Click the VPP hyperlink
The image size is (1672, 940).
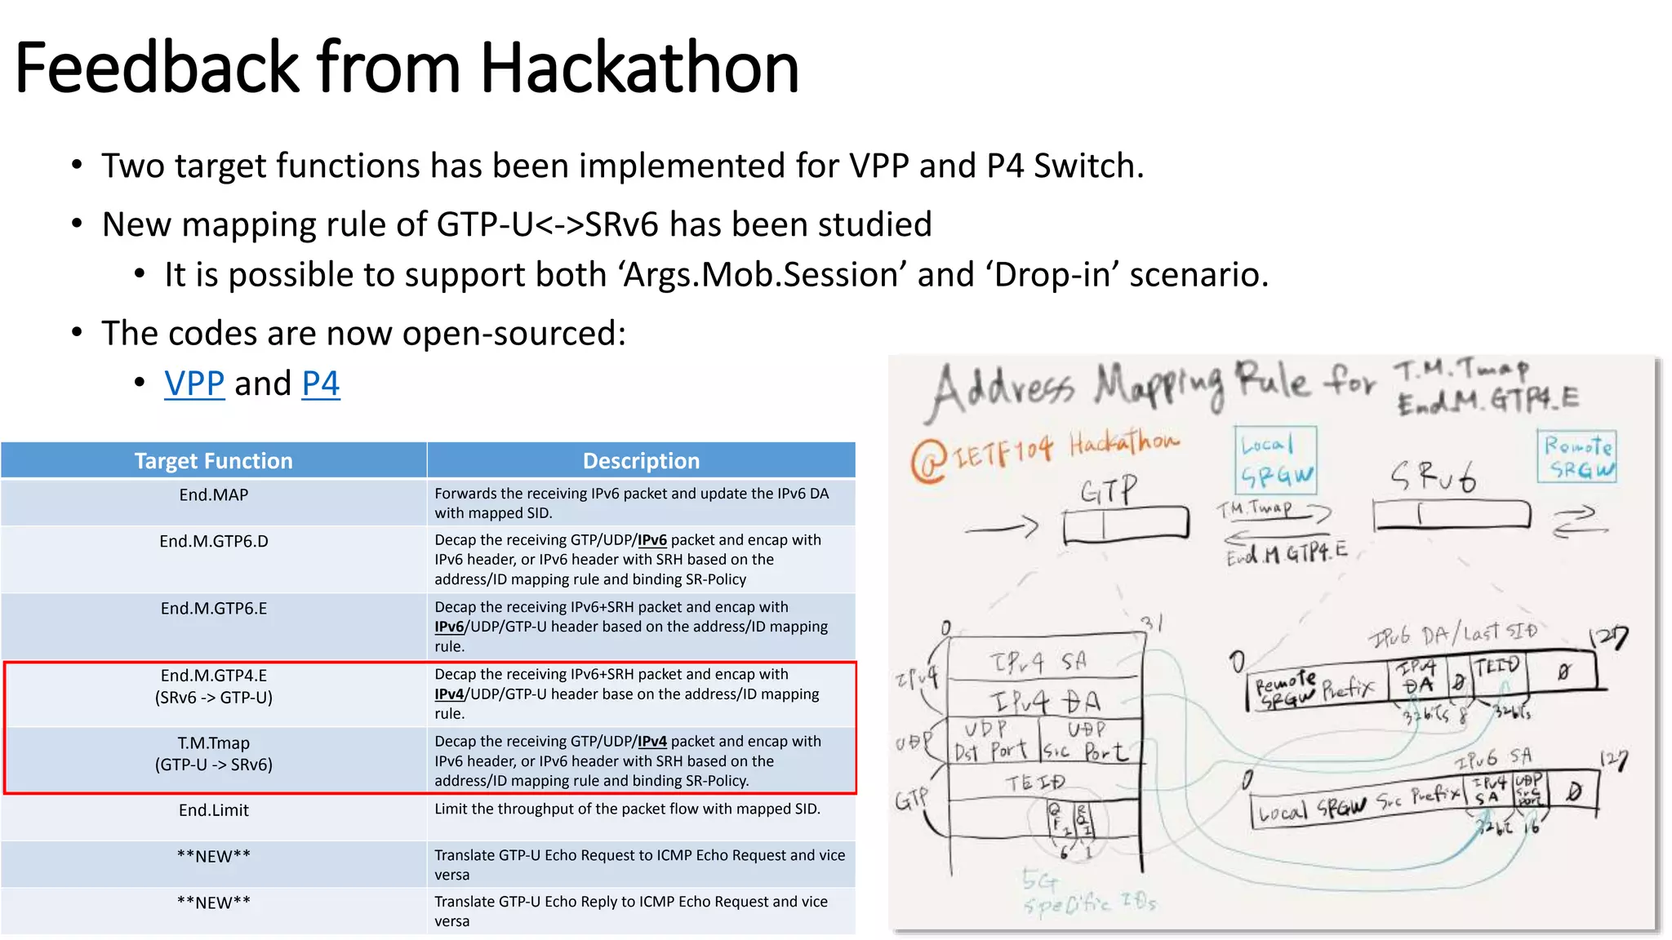coord(194,384)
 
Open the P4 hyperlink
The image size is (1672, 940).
coord(320,384)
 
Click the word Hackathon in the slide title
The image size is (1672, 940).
coord(639,68)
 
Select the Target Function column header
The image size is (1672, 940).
coord(213,461)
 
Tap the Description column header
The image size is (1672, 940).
coord(641,461)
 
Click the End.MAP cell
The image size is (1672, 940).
coord(213,495)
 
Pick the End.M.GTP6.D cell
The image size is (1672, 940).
coord(213,542)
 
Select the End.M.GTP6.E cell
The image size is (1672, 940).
coord(213,609)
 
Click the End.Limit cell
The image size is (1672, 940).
coord(213,810)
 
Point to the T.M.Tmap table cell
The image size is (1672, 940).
coord(213,753)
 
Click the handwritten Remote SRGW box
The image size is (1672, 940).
coord(1577,458)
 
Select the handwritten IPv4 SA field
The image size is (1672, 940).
coord(1038,662)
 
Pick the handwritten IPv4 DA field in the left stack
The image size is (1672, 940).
coord(1045,700)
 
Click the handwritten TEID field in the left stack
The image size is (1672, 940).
coord(1034,783)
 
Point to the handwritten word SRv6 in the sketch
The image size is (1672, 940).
coord(1434,476)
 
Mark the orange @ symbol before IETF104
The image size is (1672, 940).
coord(929,460)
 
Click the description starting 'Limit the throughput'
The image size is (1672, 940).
coord(627,809)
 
